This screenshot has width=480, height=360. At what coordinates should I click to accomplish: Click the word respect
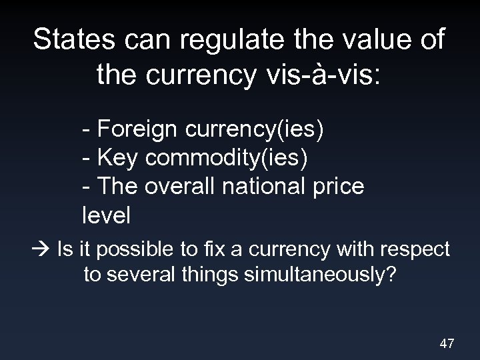[416, 250]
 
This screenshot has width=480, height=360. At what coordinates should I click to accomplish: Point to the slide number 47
[447, 343]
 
